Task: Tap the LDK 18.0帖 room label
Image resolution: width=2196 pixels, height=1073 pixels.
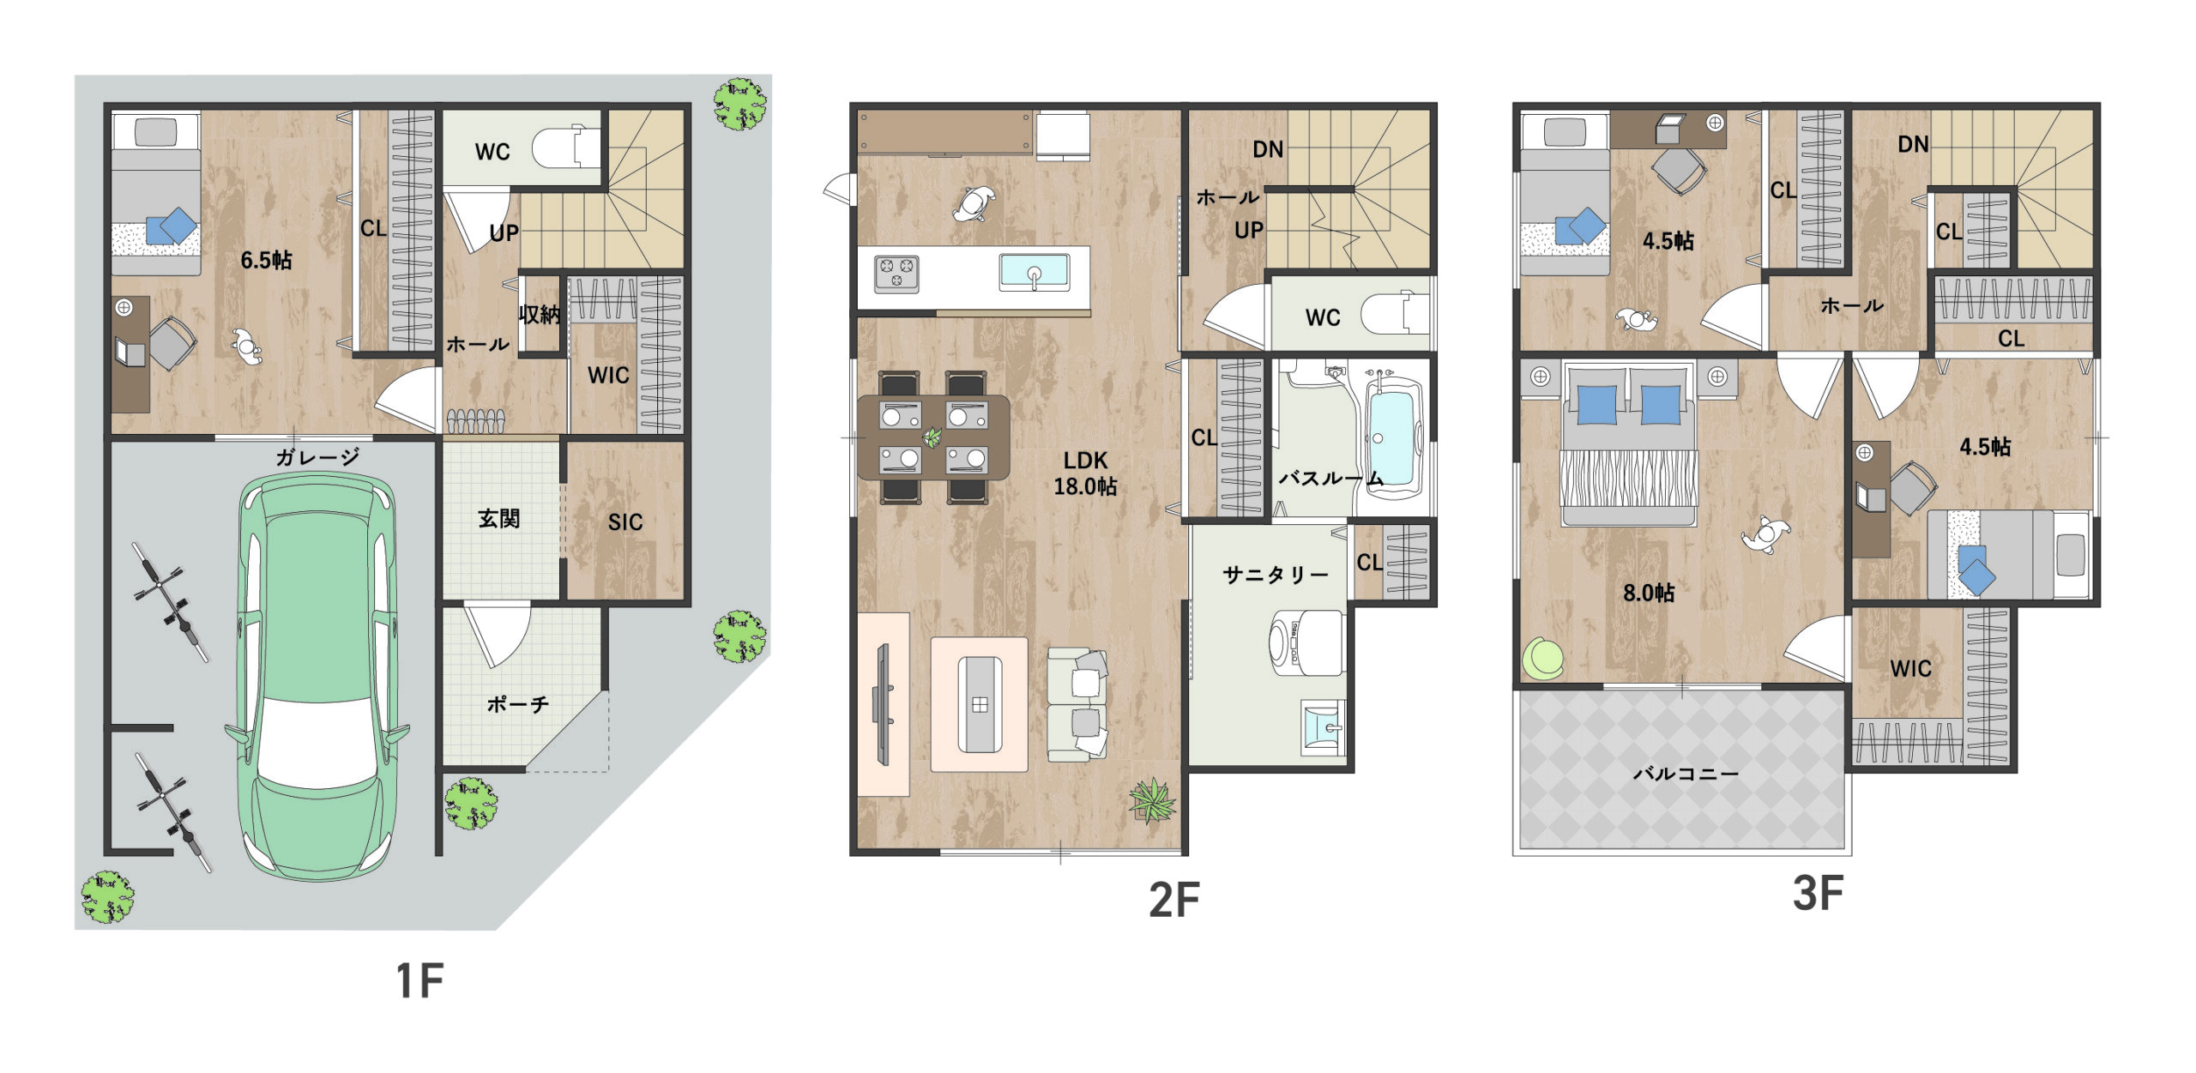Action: tap(1085, 473)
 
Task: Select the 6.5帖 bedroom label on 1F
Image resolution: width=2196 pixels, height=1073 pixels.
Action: tap(266, 260)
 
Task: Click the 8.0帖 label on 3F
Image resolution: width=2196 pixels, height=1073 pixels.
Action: tap(1648, 593)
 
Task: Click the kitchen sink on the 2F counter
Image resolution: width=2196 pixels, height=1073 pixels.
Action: tap(1034, 272)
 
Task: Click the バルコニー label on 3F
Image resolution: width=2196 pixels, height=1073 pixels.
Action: tap(1686, 774)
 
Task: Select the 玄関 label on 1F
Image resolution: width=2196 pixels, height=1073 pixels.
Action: tap(498, 519)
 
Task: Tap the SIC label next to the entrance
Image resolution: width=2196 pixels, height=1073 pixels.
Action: tap(625, 522)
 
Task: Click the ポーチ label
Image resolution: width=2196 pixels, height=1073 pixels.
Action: tap(517, 704)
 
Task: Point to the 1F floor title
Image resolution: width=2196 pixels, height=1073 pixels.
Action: tap(419, 981)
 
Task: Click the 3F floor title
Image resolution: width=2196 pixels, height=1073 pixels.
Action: tap(1818, 893)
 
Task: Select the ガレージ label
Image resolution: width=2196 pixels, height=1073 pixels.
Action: tap(317, 457)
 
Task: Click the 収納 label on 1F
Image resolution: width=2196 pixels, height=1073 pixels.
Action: tap(540, 315)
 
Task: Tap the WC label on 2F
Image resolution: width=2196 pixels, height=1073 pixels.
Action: tap(1323, 318)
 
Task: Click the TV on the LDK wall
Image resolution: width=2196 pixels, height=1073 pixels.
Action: tap(881, 704)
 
